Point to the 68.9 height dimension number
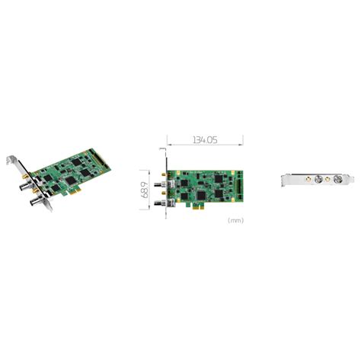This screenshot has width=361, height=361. [x=144, y=182]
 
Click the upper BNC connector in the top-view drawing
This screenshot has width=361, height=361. [x=163, y=185]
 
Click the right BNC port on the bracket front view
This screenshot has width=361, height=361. [x=337, y=181]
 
